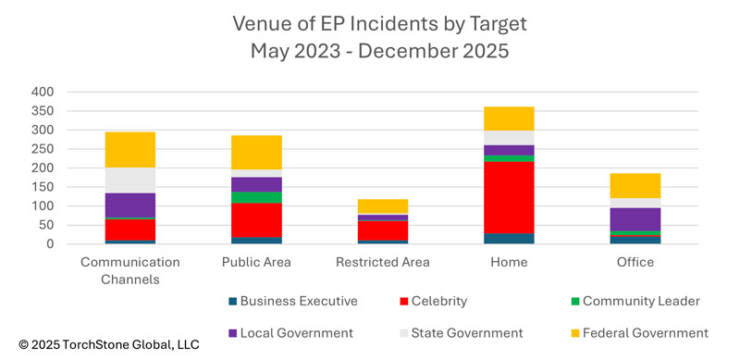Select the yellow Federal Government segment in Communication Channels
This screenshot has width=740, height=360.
129,149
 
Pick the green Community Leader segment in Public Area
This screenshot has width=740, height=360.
256,197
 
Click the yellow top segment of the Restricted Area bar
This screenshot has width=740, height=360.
382,206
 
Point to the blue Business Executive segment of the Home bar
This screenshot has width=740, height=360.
509,238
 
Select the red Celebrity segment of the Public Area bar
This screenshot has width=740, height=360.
256,220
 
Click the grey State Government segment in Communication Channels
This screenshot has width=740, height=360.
129,180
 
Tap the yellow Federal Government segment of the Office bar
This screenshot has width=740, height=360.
635,185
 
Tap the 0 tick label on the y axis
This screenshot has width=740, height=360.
50,244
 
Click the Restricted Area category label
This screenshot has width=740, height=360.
382,262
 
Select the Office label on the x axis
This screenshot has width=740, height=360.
635,262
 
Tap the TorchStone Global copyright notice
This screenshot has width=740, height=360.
101,344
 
